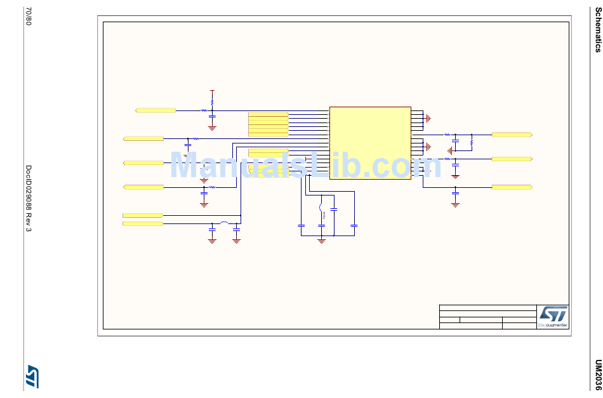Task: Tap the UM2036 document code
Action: point(597,375)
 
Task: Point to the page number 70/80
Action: point(27,17)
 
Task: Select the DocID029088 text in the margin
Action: point(28,191)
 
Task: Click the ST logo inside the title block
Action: point(552,313)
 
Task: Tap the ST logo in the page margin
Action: point(32,376)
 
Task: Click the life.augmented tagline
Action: point(553,326)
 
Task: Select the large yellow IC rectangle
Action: point(370,143)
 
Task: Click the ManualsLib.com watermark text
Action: point(305,166)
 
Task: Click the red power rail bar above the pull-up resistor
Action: point(212,90)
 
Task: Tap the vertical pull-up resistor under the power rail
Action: point(212,101)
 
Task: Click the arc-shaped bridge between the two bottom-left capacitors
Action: point(224,223)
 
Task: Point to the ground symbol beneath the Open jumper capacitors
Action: point(322,241)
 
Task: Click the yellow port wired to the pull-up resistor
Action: point(156,110)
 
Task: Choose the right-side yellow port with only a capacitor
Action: point(512,187)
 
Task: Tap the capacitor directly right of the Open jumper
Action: point(334,209)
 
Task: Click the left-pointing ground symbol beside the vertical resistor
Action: point(449,150)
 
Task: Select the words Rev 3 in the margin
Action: point(28,225)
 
